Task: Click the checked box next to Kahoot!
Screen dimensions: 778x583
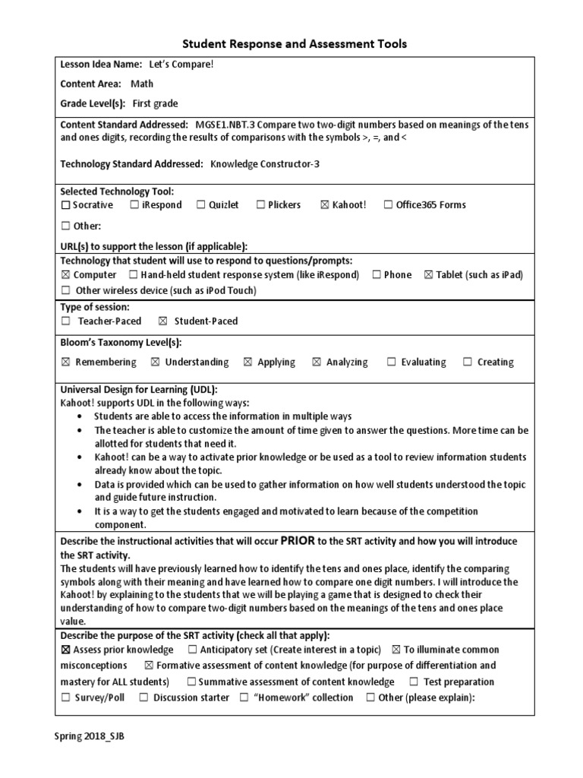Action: (x=325, y=205)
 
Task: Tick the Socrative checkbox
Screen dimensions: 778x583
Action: (x=65, y=205)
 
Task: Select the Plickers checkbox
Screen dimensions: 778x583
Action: (x=260, y=205)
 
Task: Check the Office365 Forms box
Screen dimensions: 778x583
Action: (x=388, y=205)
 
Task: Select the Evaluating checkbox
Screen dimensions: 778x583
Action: (x=391, y=362)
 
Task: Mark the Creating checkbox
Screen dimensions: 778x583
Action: (x=467, y=362)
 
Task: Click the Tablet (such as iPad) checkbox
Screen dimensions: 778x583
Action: (x=429, y=275)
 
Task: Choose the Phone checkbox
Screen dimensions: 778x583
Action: (x=377, y=275)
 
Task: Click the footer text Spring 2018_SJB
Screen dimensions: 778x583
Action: (x=89, y=736)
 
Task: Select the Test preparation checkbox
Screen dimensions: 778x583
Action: (x=414, y=682)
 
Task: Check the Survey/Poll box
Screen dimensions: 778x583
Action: (x=65, y=697)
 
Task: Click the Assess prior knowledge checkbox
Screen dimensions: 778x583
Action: (x=65, y=650)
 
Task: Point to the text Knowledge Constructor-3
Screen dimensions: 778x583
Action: (x=264, y=163)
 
